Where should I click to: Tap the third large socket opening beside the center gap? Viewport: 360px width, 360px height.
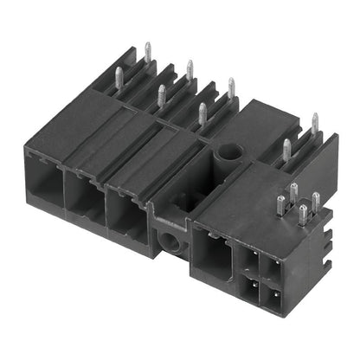coord(126,215)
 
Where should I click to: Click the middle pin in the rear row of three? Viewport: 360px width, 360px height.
coord(190,70)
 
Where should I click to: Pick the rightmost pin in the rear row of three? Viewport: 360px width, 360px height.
coord(230,87)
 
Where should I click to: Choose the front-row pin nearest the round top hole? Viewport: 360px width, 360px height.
coord(202,112)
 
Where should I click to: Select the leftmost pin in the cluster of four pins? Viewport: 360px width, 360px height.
coord(280,204)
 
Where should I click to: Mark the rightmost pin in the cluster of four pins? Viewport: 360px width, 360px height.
coord(316,202)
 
